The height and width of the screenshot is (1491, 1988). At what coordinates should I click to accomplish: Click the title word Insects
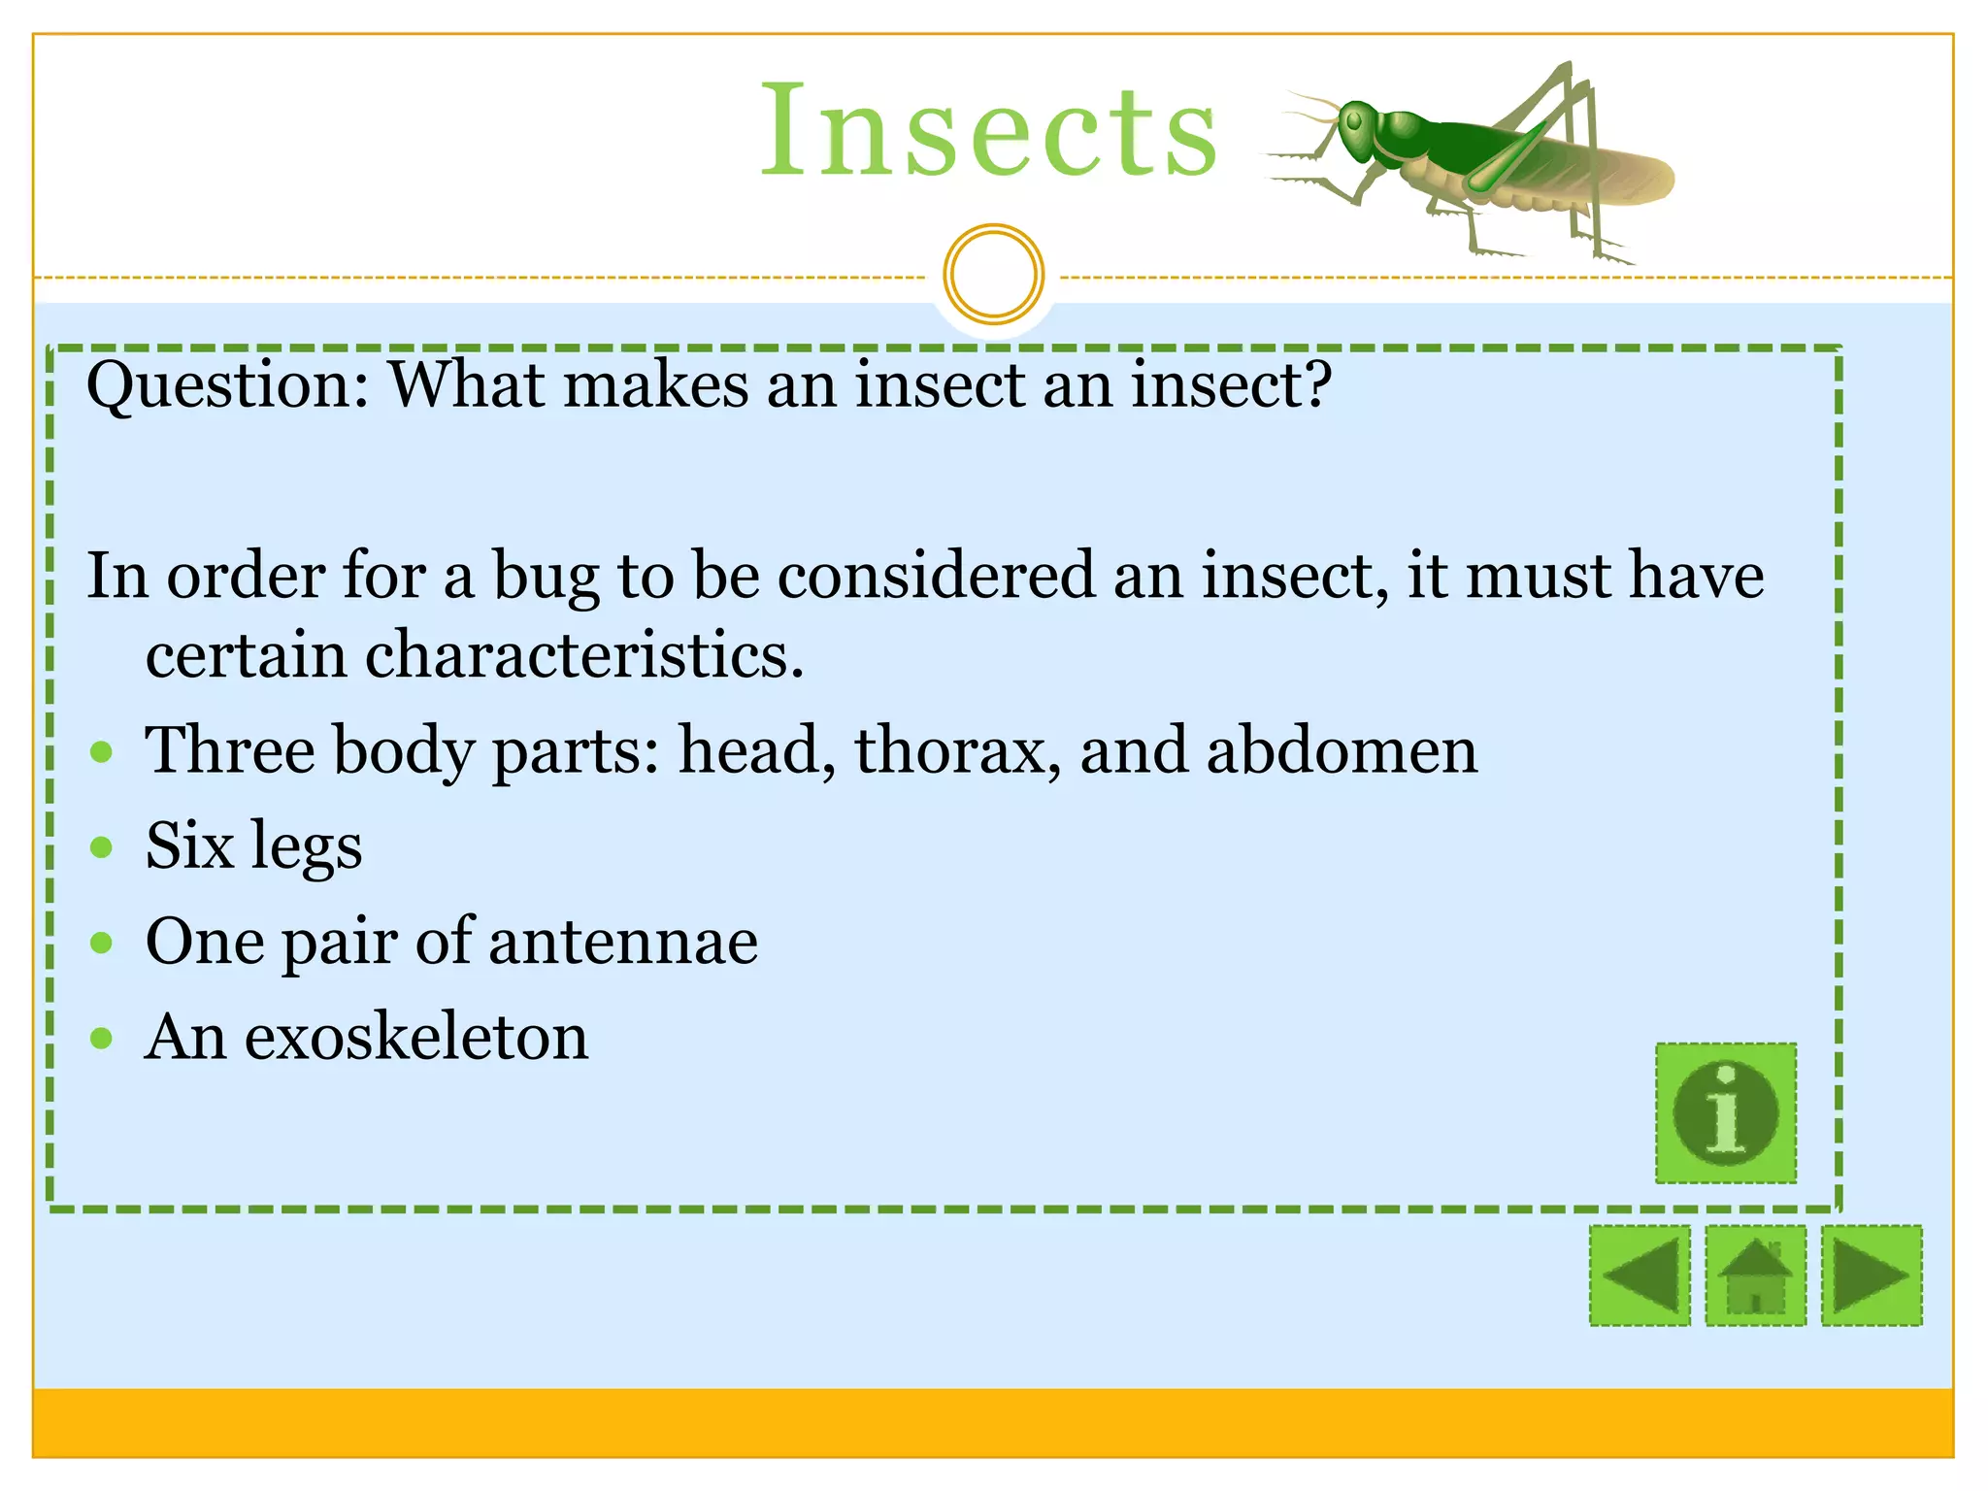987,131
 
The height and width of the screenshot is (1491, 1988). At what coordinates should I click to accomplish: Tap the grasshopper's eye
1353,122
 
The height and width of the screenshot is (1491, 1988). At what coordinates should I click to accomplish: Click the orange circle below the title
993,274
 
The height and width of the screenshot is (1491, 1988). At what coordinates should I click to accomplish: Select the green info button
1725,1112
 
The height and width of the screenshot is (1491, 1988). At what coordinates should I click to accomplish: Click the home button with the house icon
1755,1275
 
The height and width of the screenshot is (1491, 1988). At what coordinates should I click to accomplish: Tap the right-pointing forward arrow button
1872,1275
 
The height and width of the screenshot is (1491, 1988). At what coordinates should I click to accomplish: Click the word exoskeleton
416,1037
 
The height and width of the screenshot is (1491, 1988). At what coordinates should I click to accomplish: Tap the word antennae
623,942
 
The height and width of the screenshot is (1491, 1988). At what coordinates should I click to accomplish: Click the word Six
189,845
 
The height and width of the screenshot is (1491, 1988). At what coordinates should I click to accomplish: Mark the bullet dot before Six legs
101,847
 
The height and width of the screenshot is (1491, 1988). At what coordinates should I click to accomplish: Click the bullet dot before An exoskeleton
101,1039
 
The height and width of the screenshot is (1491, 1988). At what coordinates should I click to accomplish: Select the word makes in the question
656,384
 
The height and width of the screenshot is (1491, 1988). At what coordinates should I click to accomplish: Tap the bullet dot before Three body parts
101,752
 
